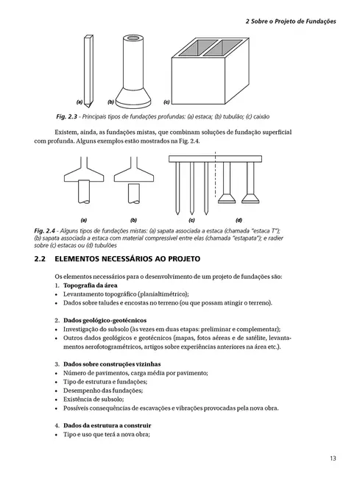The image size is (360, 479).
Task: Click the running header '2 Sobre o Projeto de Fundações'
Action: [290, 22]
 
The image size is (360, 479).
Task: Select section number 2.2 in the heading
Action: [41, 260]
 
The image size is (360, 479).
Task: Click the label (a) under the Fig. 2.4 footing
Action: [83, 219]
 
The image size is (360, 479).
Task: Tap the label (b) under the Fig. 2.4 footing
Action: [133, 219]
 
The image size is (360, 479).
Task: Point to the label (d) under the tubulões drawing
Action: [239, 219]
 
